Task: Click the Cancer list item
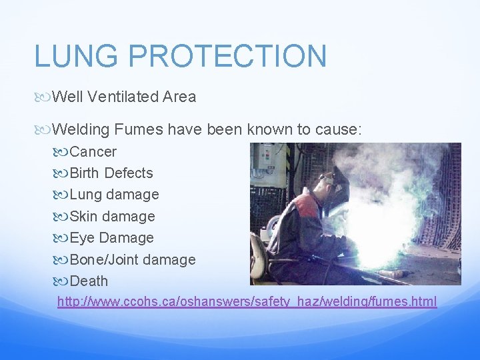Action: click(93, 152)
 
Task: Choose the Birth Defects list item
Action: click(111, 173)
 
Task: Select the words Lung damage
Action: click(114, 195)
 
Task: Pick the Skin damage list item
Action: click(112, 217)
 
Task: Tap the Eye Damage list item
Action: click(111, 238)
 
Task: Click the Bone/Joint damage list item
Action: click(133, 260)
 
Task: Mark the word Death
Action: click(89, 281)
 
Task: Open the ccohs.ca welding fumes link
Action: click(247, 302)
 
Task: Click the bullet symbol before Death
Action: click(63, 281)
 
